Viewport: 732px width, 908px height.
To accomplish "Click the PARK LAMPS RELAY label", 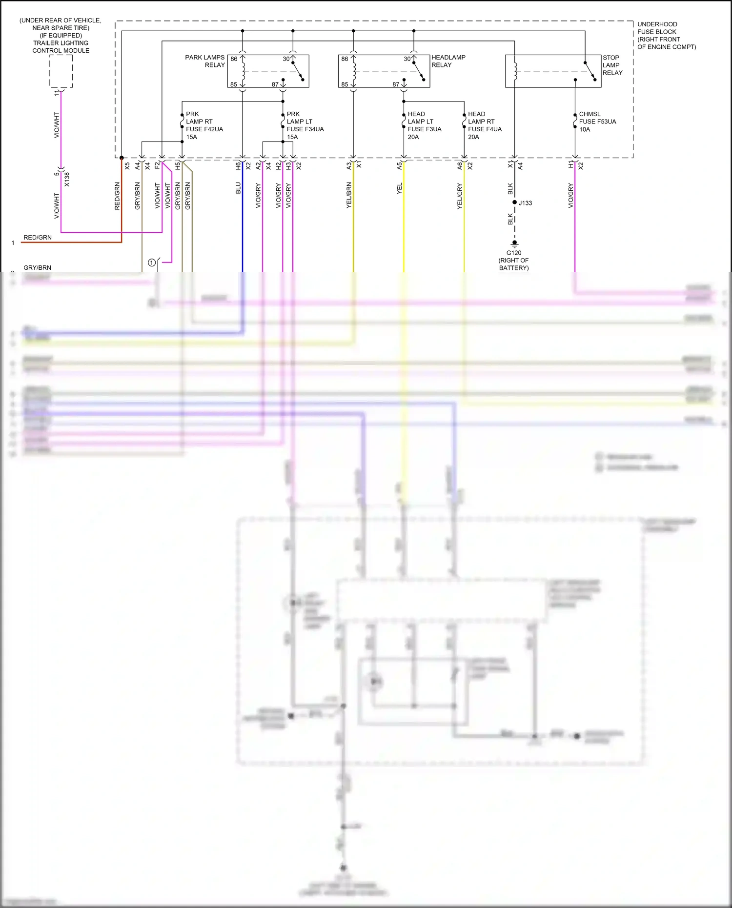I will pos(205,61).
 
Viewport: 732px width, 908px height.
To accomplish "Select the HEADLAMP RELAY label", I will pos(448,61).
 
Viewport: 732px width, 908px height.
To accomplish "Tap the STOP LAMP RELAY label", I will pos(612,65).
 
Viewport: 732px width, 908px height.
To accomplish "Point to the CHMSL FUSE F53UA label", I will pos(597,121).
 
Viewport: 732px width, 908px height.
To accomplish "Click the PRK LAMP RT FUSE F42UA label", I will pos(204,125).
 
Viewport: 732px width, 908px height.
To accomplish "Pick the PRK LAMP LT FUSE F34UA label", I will pos(305,125).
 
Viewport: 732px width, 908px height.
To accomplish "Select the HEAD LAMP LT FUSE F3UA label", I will pos(424,125).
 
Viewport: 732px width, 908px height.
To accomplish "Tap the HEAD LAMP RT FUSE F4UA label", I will pos(484,125).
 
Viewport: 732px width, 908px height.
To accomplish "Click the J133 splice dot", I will pos(514,202).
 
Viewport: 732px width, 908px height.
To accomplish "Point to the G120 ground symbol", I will pos(514,243).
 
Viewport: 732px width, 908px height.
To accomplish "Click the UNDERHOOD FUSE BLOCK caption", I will pos(666,36).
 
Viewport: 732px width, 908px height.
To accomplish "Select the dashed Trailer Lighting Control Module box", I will pos(61,71).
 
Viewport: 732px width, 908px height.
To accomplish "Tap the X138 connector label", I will pos(67,179).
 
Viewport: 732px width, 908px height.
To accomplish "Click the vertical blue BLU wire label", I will pos(238,188).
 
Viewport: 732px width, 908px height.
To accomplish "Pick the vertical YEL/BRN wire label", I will pos(349,196).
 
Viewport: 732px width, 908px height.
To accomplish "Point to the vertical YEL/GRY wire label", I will pos(459,197).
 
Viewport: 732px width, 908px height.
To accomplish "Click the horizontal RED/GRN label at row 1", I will pos(38,238).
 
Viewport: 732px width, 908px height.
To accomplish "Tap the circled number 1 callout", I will pos(152,262).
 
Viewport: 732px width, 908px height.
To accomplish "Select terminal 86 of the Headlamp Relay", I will pos(345,59).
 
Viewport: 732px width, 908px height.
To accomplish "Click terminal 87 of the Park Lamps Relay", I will pos(275,84).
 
